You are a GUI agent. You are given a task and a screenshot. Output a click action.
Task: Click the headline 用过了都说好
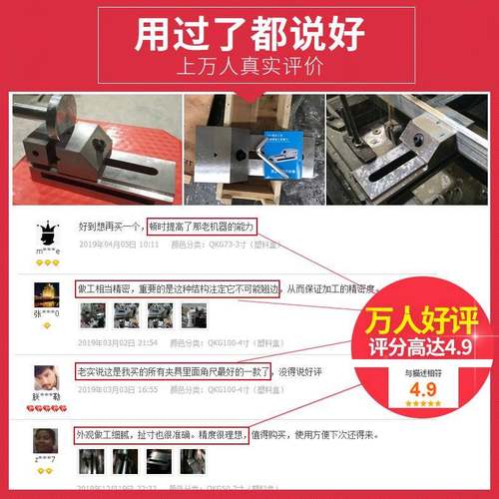tap(249, 37)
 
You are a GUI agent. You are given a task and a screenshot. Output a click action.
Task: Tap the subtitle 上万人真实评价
tap(249, 71)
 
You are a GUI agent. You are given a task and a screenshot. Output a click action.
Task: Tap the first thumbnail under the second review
tap(92, 316)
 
